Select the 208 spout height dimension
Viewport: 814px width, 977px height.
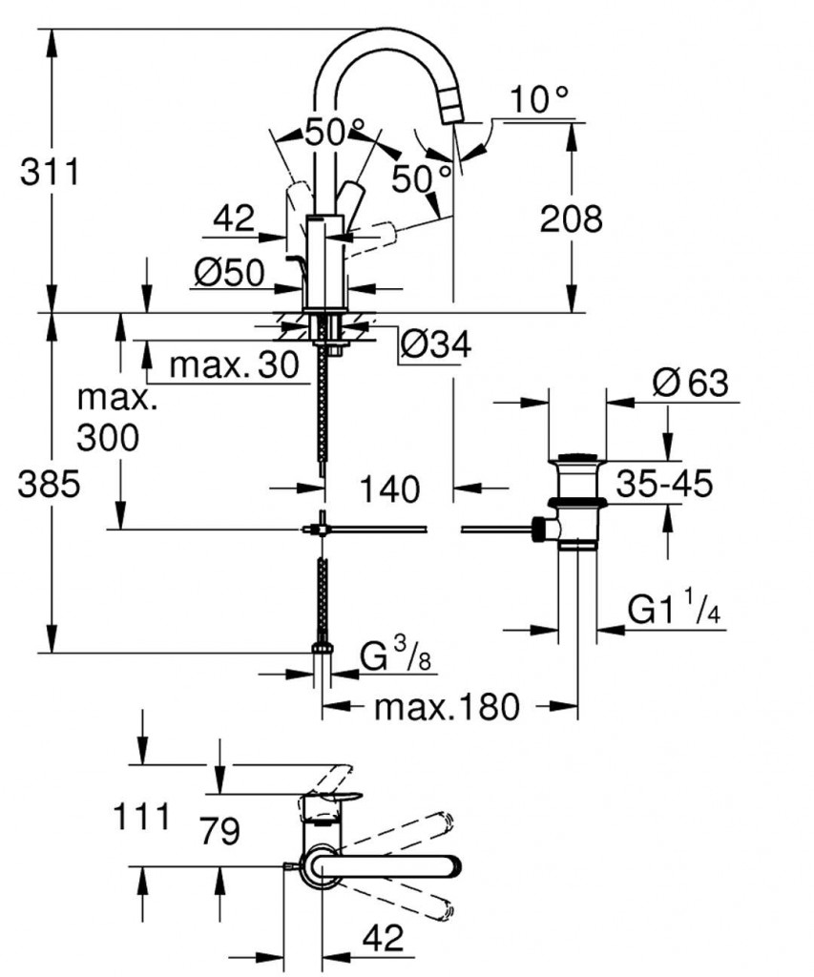[x=571, y=219]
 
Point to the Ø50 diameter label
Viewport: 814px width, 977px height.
[x=228, y=274]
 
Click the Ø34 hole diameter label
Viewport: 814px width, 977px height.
[x=435, y=344]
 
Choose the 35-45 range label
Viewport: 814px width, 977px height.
[x=664, y=484]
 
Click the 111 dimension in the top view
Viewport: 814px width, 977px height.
[x=141, y=817]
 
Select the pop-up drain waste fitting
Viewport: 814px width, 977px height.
[x=576, y=501]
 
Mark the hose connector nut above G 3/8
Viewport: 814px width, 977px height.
[x=324, y=650]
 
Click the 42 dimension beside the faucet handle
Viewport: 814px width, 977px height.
[x=234, y=219]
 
